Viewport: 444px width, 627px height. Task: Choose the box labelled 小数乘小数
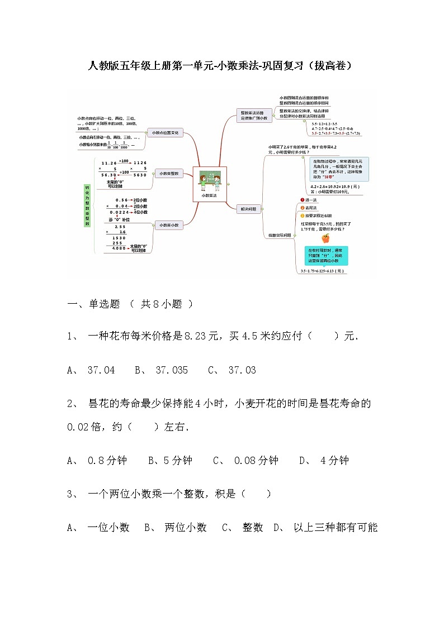tap(168, 225)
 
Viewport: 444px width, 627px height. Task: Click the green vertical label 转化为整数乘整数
tap(87, 205)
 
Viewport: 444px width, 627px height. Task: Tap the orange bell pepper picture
tap(325, 238)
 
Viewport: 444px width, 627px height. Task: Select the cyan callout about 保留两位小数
tap(327, 255)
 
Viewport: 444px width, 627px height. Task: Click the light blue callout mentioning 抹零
tap(337, 169)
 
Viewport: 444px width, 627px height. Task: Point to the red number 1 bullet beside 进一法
tap(302, 199)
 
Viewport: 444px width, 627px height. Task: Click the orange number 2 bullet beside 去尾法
tap(302, 207)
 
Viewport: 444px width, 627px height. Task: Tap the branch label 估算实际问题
tap(280, 235)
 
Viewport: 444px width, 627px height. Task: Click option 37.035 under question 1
tap(172, 370)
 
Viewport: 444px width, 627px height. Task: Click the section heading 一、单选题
tap(94, 304)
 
